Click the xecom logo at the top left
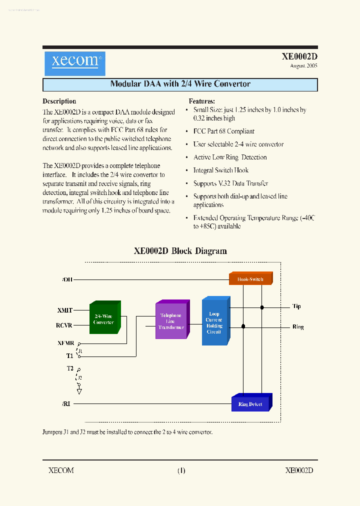pyautogui.click(x=74, y=62)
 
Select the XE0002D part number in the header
pyautogui.click(x=299, y=57)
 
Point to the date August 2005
pyautogui.click(x=303, y=66)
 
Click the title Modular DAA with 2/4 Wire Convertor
pyautogui.click(x=180, y=84)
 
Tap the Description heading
pyautogui.click(x=59, y=101)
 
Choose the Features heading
pyautogui.click(x=201, y=101)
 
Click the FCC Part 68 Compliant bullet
pyautogui.click(x=223, y=131)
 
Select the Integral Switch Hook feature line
pyautogui.click(x=220, y=170)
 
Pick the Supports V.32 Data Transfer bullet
pyautogui.click(x=230, y=183)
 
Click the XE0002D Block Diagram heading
pyautogui.click(x=180, y=251)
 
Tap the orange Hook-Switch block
pyautogui.click(x=250, y=279)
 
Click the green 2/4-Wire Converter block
pyautogui.click(x=103, y=319)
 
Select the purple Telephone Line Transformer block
pyautogui.click(x=171, y=321)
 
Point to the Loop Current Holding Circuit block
pyautogui.click(x=214, y=323)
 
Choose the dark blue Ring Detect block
pyautogui.click(x=250, y=403)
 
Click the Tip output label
pyautogui.click(x=296, y=306)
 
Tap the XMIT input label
pyautogui.click(x=65, y=310)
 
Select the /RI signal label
pyautogui.click(x=66, y=403)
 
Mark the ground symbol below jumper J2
pyautogui.click(x=79, y=391)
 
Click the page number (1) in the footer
pyautogui.click(x=181, y=470)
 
